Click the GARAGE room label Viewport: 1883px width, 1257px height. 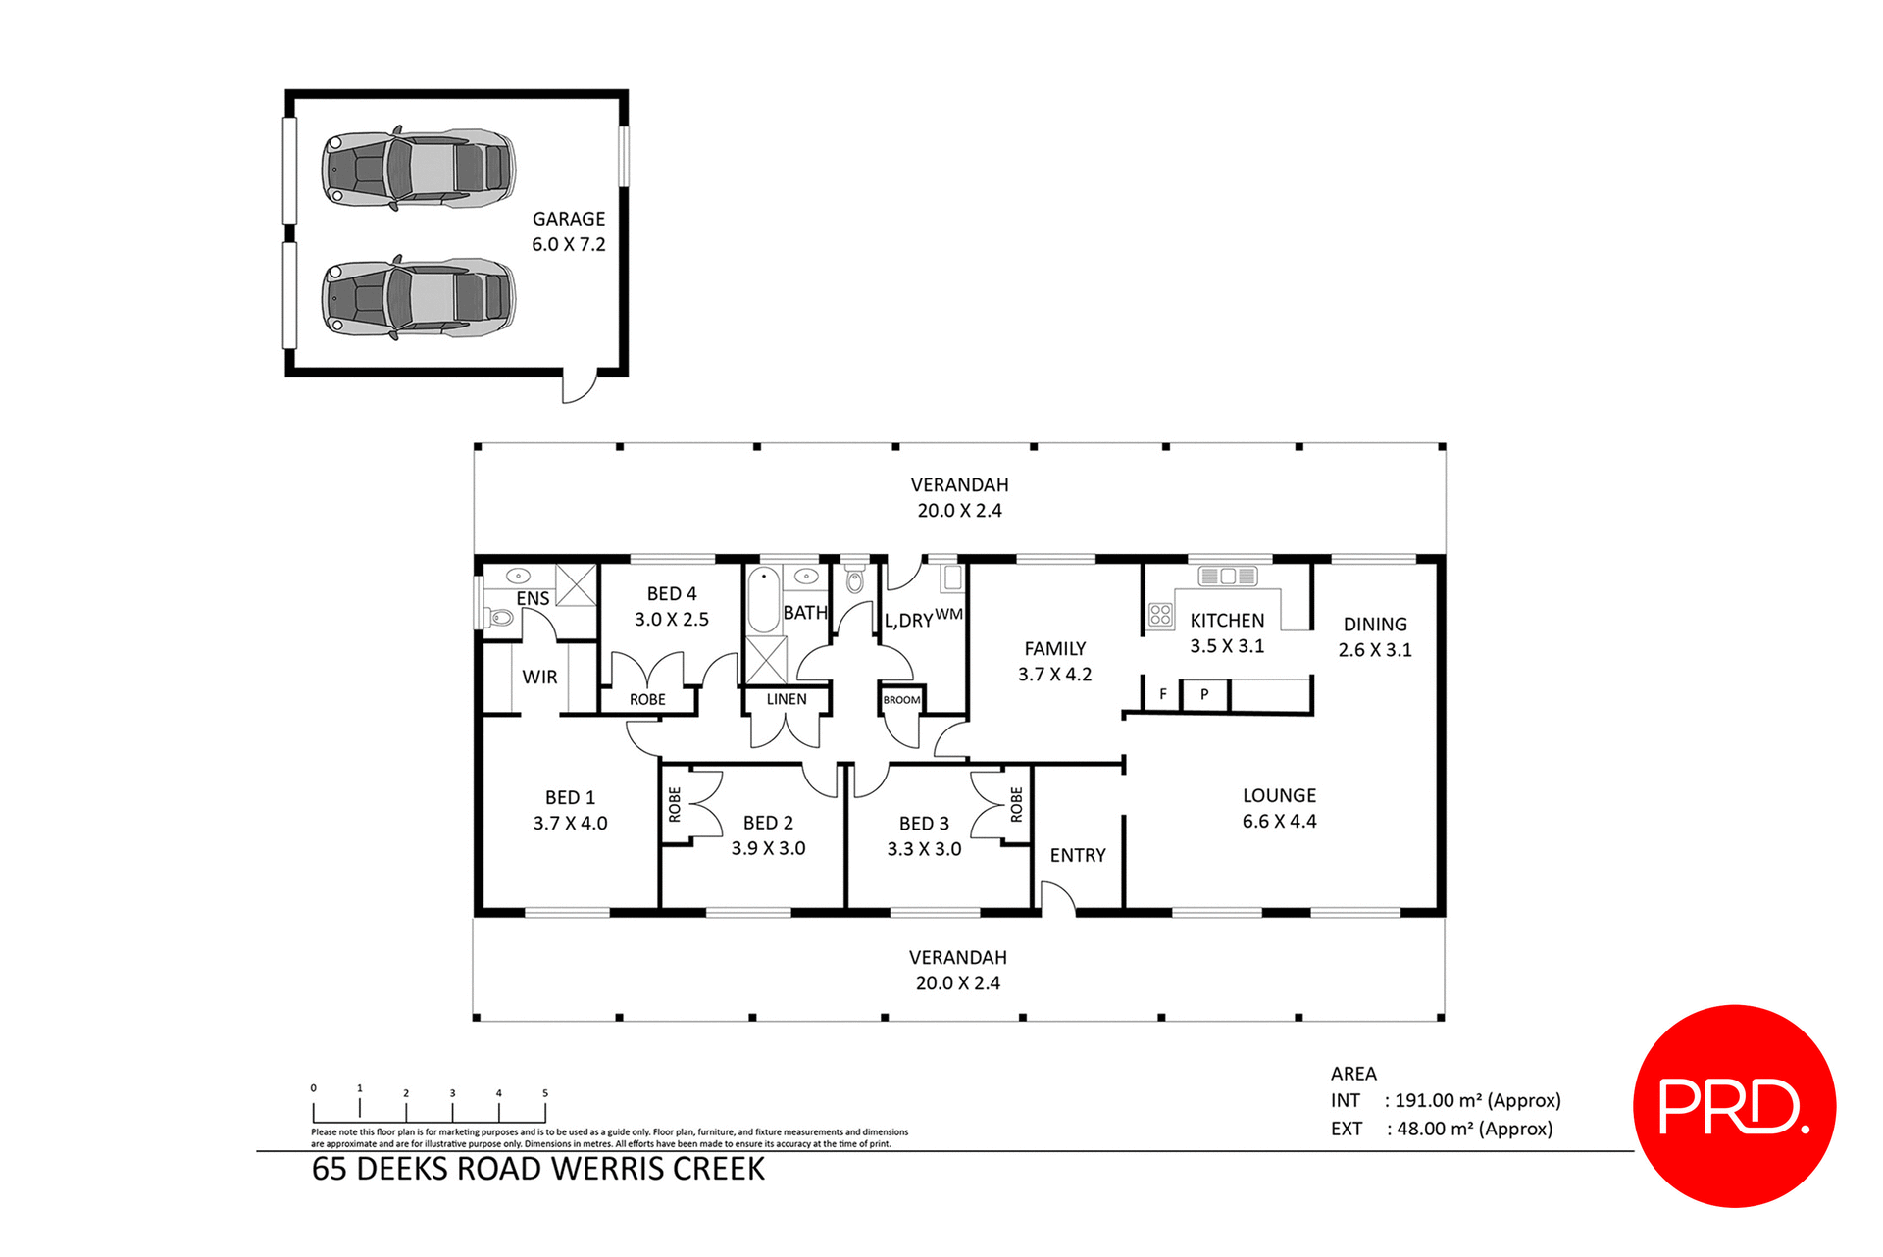click(568, 219)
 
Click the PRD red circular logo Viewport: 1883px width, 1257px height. click(1733, 1105)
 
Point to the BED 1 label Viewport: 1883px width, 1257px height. click(570, 797)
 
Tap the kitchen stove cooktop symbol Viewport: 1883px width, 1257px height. click(1160, 615)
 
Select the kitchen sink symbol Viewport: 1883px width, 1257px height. click(1228, 577)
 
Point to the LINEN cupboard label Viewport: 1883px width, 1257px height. click(787, 699)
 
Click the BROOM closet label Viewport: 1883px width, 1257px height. click(901, 700)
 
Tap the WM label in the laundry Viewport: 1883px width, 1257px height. click(948, 614)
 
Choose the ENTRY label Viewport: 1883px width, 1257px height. click(1078, 855)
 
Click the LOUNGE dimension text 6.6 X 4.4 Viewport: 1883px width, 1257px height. click(1279, 822)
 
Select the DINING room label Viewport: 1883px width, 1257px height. click(1374, 624)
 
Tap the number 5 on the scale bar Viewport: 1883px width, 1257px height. click(545, 1093)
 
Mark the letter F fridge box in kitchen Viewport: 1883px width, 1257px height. click(1163, 694)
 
